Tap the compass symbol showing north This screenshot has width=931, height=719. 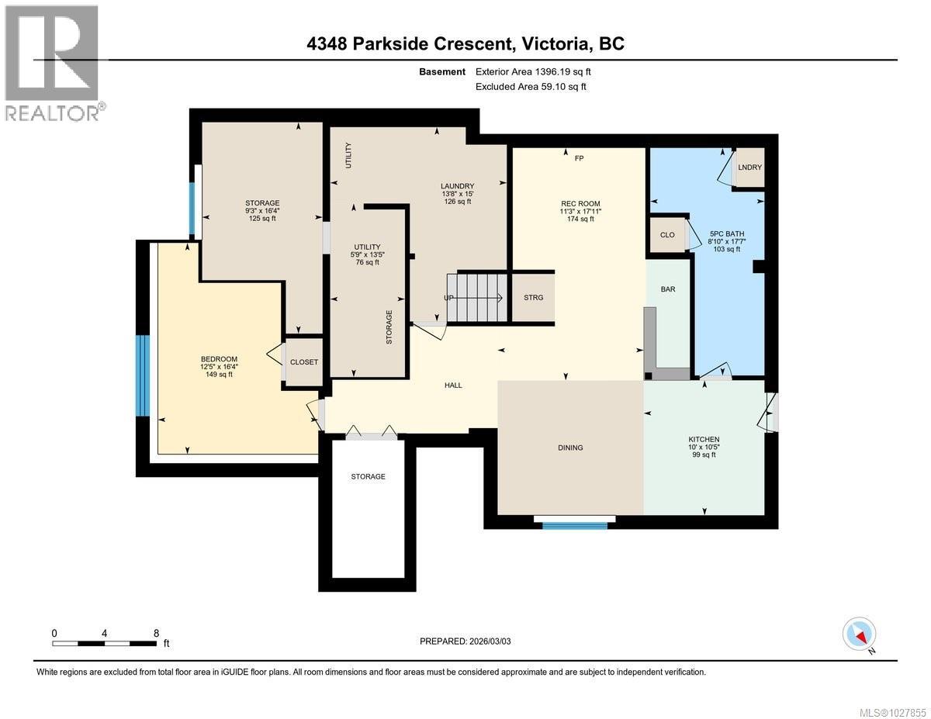[x=860, y=634]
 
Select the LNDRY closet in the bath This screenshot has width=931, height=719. [x=749, y=168]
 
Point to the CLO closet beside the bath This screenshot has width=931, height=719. [x=667, y=235]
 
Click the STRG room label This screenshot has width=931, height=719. [x=533, y=298]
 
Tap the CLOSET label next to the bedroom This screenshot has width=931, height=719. [x=304, y=362]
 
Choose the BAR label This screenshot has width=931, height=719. [x=667, y=289]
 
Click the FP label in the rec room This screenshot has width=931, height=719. [x=578, y=158]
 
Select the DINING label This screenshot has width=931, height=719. [x=570, y=448]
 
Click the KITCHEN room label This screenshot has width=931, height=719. [x=704, y=439]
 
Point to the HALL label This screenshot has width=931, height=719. [x=453, y=385]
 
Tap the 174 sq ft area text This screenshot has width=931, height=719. [x=580, y=219]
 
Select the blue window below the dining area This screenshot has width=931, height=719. [x=574, y=526]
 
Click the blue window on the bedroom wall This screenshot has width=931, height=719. [x=142, y=375]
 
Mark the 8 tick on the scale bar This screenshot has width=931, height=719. [x=157, y=633]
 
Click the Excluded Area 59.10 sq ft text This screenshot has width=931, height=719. [x=531, y=87]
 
